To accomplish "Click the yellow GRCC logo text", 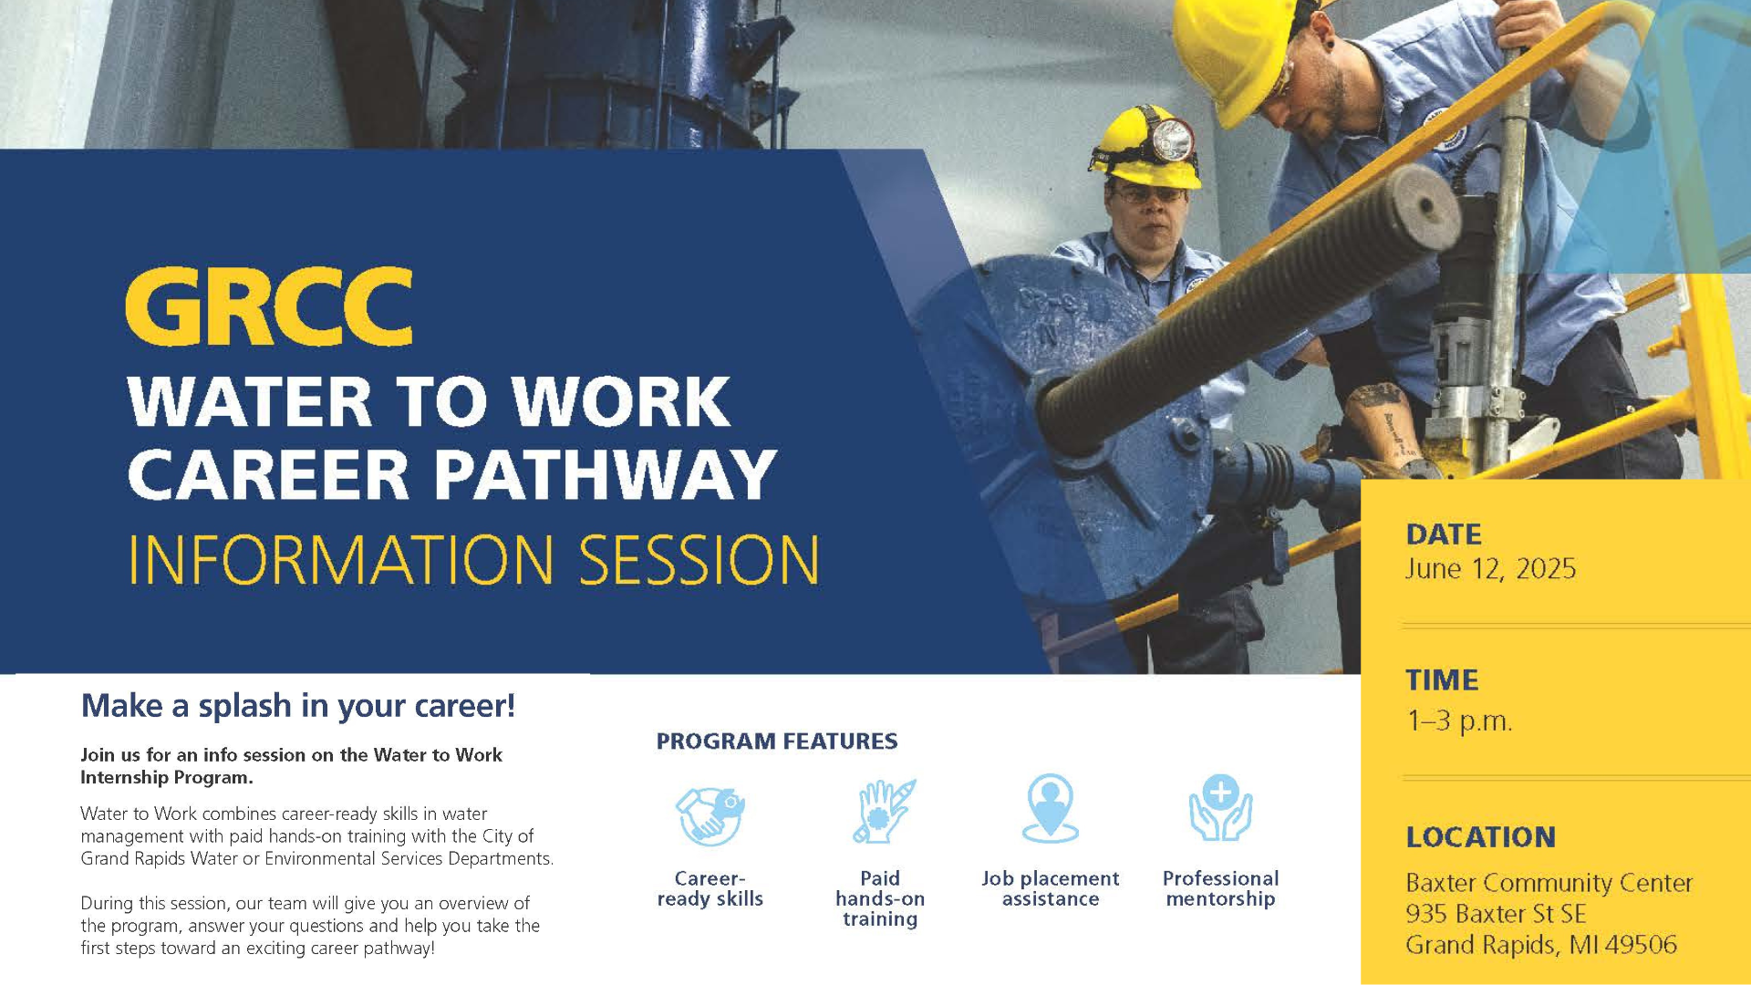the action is (x=269, y=306).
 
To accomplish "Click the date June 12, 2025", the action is (x=1490, y=569).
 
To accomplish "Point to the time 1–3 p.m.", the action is (x=1459, y=721).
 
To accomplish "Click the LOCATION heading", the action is (x=1481, y=836).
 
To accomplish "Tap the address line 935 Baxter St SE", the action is (x=1496, y=914).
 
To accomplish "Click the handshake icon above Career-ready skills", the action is (x=710, y=814).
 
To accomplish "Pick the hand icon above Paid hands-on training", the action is (x=882, y=811).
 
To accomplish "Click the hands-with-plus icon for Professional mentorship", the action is (x=1220, y=809).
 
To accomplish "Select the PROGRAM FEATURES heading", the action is (x=777, y=741).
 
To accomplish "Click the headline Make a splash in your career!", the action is (x=298, y=706).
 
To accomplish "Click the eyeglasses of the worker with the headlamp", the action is (x=1150, y=194).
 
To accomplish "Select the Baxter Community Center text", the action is (x=1549, y=883).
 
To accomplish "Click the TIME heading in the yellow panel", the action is (x=1442, y=680).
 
